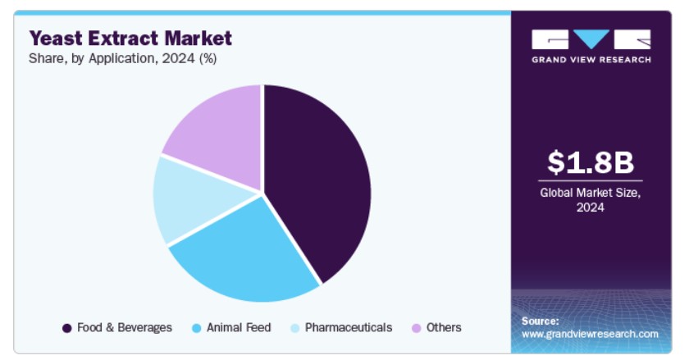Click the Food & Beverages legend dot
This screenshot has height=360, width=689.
(66, 328)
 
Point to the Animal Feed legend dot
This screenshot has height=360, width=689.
(196, 328)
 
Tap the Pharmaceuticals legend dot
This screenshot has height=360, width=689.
(294, 328)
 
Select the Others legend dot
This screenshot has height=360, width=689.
(416, 328)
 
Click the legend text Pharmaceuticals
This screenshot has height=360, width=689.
(349, 327)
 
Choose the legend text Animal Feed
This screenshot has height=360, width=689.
(239, 327)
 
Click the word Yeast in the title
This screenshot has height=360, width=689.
(56, 39)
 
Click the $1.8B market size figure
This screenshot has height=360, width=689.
(591, 162)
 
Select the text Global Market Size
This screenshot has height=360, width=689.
(590, 193)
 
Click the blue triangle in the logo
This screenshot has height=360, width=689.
(591, 39)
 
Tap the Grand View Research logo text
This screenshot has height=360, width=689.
(591, 60)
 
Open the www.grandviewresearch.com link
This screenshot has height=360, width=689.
(590, 334)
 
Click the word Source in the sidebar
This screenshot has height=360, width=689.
(540, 321)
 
